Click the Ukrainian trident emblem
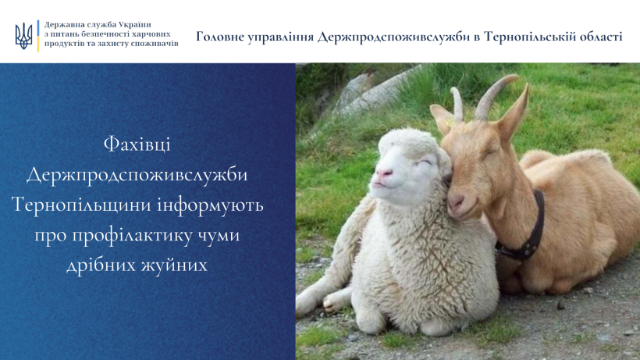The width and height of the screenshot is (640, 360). point(23,36)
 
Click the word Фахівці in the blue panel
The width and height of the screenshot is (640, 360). point(137,144)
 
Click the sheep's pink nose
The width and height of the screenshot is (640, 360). point(384,173)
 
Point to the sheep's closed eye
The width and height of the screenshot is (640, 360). point(425,162)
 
